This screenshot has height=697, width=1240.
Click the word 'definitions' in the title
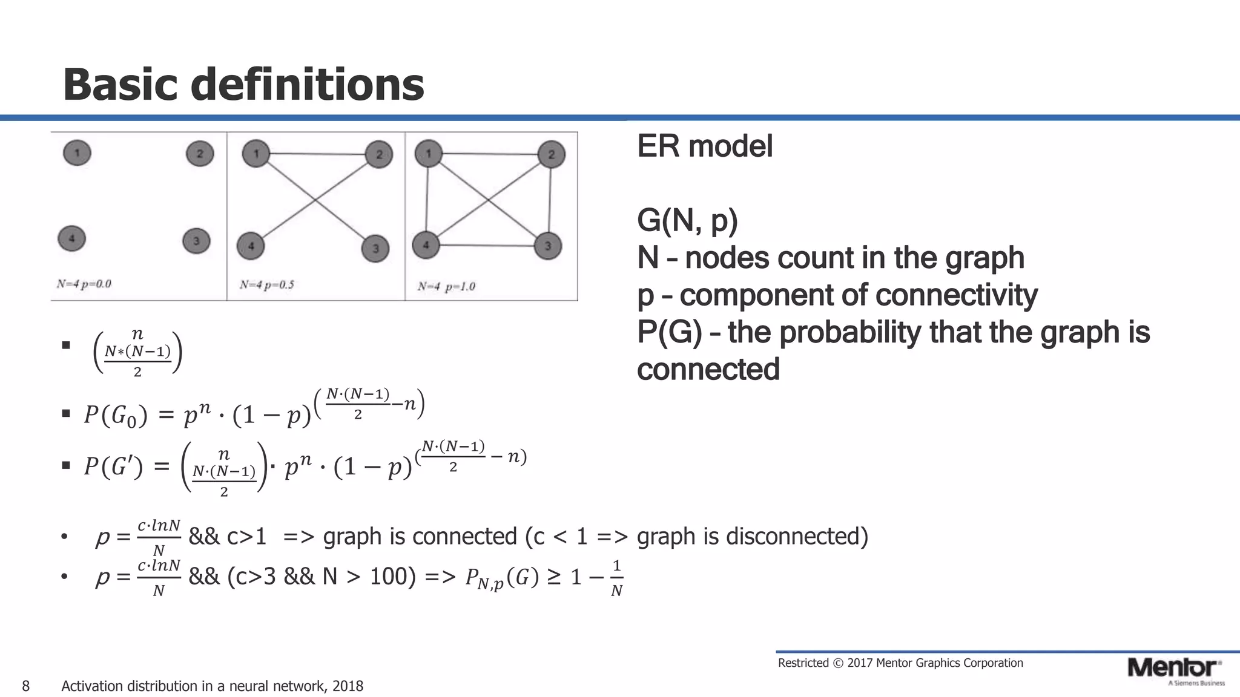tap(307, 85)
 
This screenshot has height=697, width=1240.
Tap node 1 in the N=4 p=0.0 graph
tap(77, 153)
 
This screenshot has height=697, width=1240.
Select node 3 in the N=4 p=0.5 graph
tap(375, 248)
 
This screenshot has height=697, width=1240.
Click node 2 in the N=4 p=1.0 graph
tap(551, 154)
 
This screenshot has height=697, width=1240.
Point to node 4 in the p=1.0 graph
tap(426, 245)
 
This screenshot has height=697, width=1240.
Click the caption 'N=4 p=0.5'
tap(267, 285)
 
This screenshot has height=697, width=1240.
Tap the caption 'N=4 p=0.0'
tap(84, 284)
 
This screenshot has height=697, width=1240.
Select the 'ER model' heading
tap(705, 146)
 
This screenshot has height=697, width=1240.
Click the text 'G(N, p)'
tap(687, 221)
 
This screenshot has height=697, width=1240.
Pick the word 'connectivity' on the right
tap(956, 295)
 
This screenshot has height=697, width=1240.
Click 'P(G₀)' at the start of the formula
tap(115, 416)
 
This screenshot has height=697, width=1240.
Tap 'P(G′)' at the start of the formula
tap(113, 466)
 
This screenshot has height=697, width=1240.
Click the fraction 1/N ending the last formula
tap(616, 578)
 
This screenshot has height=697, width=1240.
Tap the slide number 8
tap(25, 686)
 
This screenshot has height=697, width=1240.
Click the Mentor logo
tap(1174, 669)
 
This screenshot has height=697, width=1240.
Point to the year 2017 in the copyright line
tap(860, 663)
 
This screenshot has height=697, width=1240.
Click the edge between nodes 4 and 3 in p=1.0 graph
tap(487, 245)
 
